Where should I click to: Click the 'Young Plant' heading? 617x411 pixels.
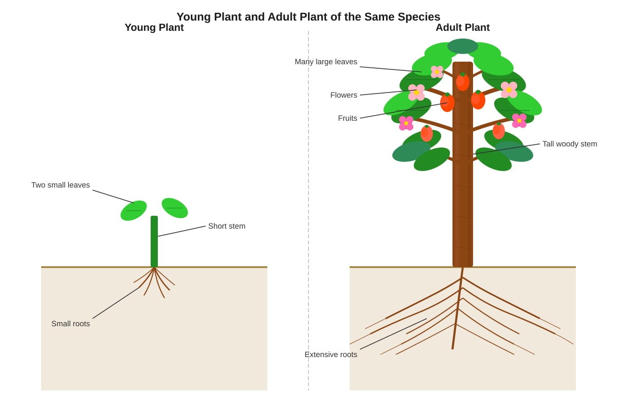(154, 28)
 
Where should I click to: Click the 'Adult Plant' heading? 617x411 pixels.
(462, 28)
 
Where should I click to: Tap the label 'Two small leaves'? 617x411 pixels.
(60, 185)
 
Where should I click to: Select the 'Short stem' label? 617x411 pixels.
(227, 226)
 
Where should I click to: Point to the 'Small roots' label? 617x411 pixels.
(70, 324)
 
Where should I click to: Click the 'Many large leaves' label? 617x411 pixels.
(326, 62)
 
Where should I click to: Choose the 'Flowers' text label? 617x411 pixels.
(343, 95)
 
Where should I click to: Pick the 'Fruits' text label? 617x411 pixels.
(348, 118)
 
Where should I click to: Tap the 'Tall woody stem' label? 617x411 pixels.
(570, 144)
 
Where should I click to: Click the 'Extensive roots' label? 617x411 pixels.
(331, 354)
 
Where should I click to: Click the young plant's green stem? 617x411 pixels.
(154, 241)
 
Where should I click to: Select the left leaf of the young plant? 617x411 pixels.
(134, 211)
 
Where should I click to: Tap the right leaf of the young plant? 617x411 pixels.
(175, 208)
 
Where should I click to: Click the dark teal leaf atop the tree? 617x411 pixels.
(462, 46)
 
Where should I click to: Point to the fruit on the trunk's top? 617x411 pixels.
(462, 82)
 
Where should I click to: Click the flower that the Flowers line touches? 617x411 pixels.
(416, 92)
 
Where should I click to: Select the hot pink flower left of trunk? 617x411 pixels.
(406, 123)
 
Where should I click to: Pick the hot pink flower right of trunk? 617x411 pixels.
(519, 121)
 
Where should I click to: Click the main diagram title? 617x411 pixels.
(308, 17)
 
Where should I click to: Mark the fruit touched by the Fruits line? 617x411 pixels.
(447, 102)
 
